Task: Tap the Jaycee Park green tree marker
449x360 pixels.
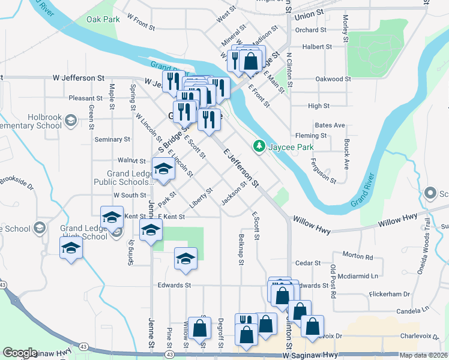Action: [x=259, y=146]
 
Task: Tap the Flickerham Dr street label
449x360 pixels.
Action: [x=389, y=294]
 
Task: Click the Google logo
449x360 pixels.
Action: [x=20, y=353]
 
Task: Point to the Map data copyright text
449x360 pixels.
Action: [x=424, y=355]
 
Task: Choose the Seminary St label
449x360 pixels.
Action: [x=112, y=139]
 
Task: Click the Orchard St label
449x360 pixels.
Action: [x=310, y=29]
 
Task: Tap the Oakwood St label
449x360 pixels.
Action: [x=333, y=79]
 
